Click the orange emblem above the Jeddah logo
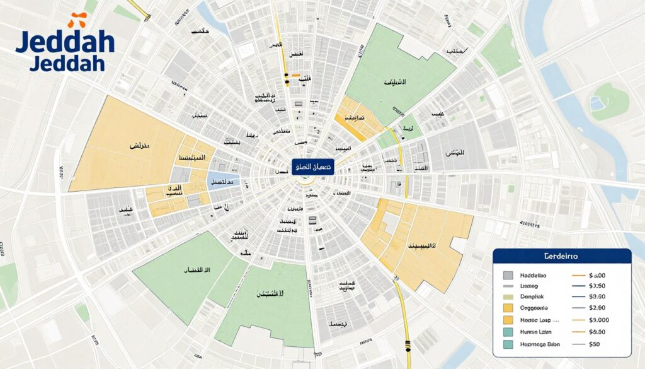77,20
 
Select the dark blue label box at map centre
312,167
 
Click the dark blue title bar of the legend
562,257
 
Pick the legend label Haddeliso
534,276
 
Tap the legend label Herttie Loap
536,320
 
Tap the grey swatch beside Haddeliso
508,276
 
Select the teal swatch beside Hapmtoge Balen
508,344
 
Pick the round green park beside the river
608,101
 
